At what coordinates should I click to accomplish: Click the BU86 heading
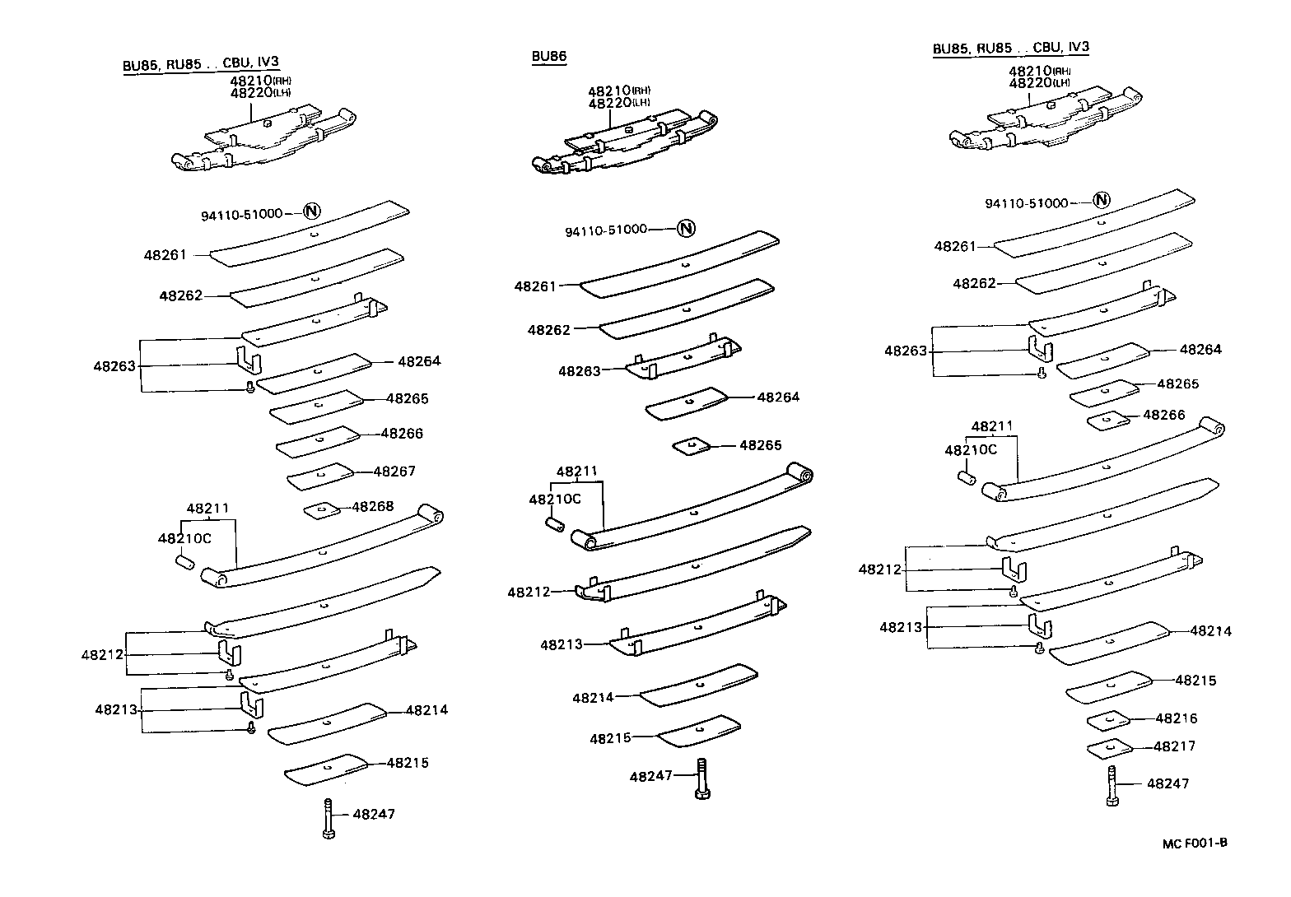tap(549, 56)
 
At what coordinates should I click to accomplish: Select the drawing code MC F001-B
tap(1195, 843)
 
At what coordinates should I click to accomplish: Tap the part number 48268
tap(372, 506)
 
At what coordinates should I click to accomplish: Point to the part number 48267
tap(394, 472)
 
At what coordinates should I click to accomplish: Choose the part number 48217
tap(1174, 746)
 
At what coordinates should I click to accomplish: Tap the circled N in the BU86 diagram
tap(686, 229)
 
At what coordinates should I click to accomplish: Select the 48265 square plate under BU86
tap(691, 446)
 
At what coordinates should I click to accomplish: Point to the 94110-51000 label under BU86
tap(606, 230)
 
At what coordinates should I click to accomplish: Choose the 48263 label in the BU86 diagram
tap(579, 371)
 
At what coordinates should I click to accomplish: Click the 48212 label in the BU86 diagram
tap(528, 592)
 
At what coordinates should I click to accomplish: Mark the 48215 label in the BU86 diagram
tap(610, 738)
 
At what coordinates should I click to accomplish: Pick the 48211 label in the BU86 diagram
tap(576, 472)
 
